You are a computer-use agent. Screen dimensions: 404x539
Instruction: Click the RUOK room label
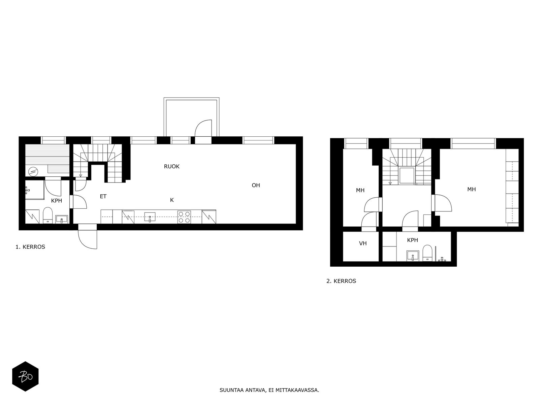(x=171, y=166)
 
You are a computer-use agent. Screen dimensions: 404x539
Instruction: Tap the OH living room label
(x=256, y=185)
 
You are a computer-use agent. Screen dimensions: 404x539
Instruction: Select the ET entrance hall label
(x=103, y=196)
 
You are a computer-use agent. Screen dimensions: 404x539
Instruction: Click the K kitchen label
(x=172, y=200)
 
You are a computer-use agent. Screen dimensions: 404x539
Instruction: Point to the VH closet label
(x=363, y=243)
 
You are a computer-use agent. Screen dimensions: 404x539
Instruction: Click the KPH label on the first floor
(x=57, y=201)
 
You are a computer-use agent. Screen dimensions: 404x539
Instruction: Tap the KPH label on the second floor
(x=412, y=240)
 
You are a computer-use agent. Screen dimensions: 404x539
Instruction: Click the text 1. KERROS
(x=30, y=247)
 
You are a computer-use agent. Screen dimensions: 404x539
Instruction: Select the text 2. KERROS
(x=341, y=281)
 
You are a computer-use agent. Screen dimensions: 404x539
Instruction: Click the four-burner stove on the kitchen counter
(x=184, y=217)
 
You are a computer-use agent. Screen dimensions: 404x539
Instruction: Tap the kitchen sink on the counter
(x=150, y=217)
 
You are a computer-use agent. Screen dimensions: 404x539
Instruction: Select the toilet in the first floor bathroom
(x=47, y=215)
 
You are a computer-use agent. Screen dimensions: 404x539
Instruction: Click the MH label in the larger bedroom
(x=471, y=190)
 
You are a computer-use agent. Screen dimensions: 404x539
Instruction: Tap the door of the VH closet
(x=369, y=221)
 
